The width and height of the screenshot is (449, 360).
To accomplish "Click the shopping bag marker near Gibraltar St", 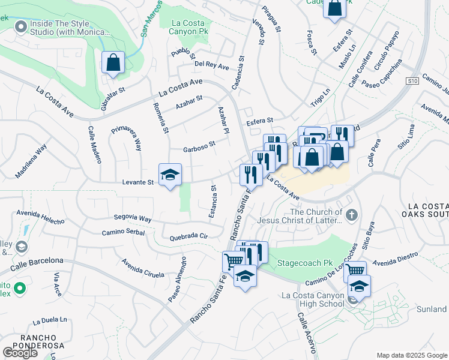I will pyautogui.click(x=112, y=62).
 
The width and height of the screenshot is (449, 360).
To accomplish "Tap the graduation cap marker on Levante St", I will pyautogui.click(x=170, y=175).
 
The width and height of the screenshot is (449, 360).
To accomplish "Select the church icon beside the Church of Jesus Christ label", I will pyautogui.click(x=352, y=214).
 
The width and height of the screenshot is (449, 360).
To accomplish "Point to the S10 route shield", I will pyautogui.click(x=411, y=81).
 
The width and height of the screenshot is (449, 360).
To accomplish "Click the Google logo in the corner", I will pyautogui.click(x=20, y=353).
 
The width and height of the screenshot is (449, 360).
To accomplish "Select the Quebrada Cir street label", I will pyautogui.click(x=188, y=236).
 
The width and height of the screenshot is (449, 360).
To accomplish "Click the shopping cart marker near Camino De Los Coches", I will pyautogui.click(x=355, y=271).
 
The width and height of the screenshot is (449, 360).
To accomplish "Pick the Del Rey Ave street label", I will pyautogui.click(x=212, y=66).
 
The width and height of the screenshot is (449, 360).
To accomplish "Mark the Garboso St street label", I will pyautogui.click(x=199, y=149).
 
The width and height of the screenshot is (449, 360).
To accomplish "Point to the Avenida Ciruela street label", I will pyautogui.click(x=142, y=268).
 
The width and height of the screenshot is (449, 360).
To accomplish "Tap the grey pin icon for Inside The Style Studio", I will pyautogui.click(x=21, y=26).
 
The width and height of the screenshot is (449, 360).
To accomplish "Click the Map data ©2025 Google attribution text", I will pyautogui.click(x=411, y=355).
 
